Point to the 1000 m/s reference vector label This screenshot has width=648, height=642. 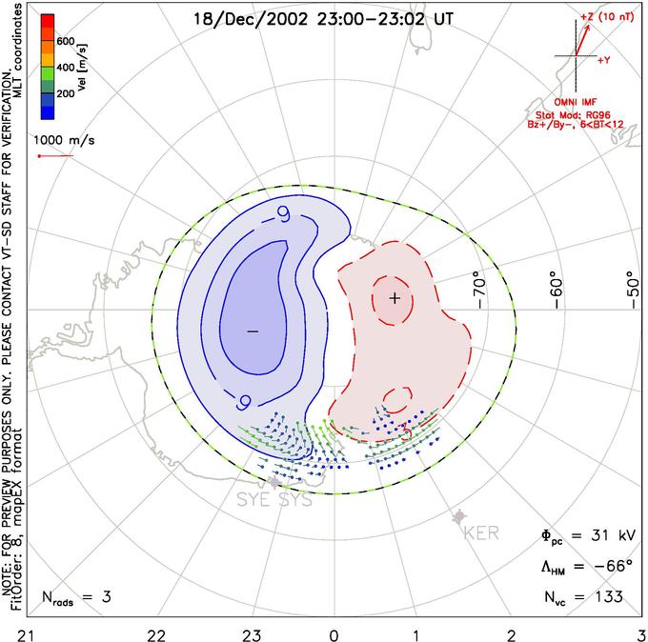[x=65, y=140]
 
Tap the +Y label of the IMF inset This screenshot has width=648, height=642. [x=604, y=60]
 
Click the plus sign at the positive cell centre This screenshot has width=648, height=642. [x=395, y=299]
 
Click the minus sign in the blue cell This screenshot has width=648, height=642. [x=252, y=331]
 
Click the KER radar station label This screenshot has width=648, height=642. [x=480, y=532]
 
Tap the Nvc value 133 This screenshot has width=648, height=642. [x=606, y=597]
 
